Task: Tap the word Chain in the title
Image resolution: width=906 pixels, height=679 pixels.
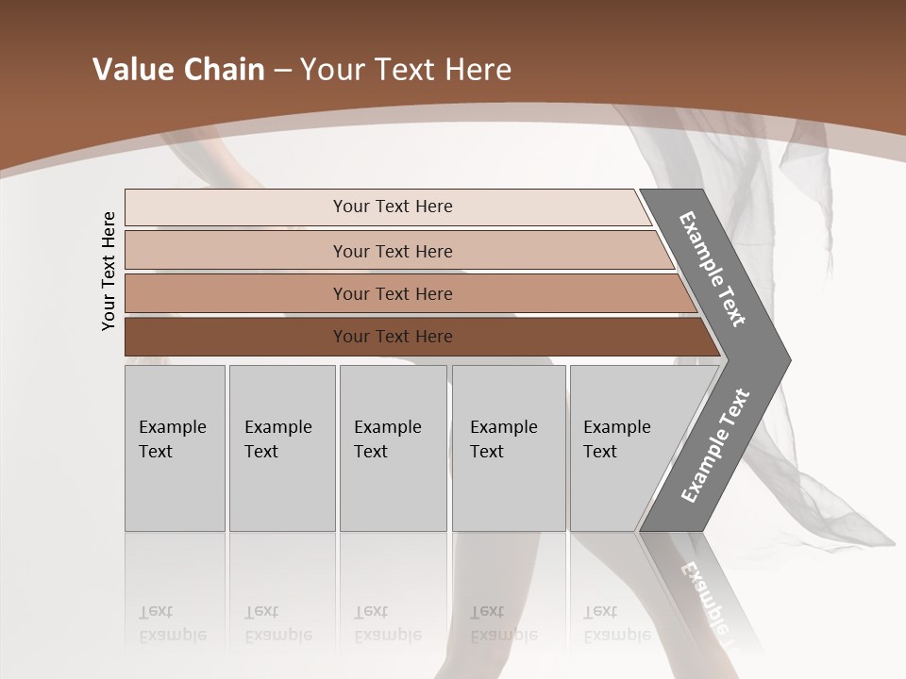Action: pyautogui.click(x=225, y=70)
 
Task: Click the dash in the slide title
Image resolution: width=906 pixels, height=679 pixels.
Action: pyautogui.click(x=282, y=71)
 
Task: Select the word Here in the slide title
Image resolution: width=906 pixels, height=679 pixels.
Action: pyautogui.click(x=478, y=70)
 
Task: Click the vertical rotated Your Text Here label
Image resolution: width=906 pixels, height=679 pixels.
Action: pyautogui.click(x=109, y=271)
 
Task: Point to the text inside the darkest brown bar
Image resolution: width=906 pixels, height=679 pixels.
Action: pyautogui.click(x=393, y=337)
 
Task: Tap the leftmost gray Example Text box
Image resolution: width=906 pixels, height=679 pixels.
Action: pyautogui.click(x=175, y=448)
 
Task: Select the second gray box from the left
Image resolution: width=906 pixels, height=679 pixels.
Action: pyautogui.click(x=281, y=448)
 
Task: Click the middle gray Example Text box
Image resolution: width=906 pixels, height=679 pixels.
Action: pyautogui.click(x=393, y=448)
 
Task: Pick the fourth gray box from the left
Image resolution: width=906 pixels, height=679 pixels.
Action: pyautogui.click(x=509, y=448)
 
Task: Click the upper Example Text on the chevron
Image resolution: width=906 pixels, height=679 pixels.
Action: pyautogui.click(x=713, y=269)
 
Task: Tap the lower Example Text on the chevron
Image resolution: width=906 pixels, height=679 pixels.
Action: pyautogui.click(x=714, y=446)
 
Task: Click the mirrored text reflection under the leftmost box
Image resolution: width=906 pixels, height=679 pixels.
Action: pyautogui.click(x=172, y=623)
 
